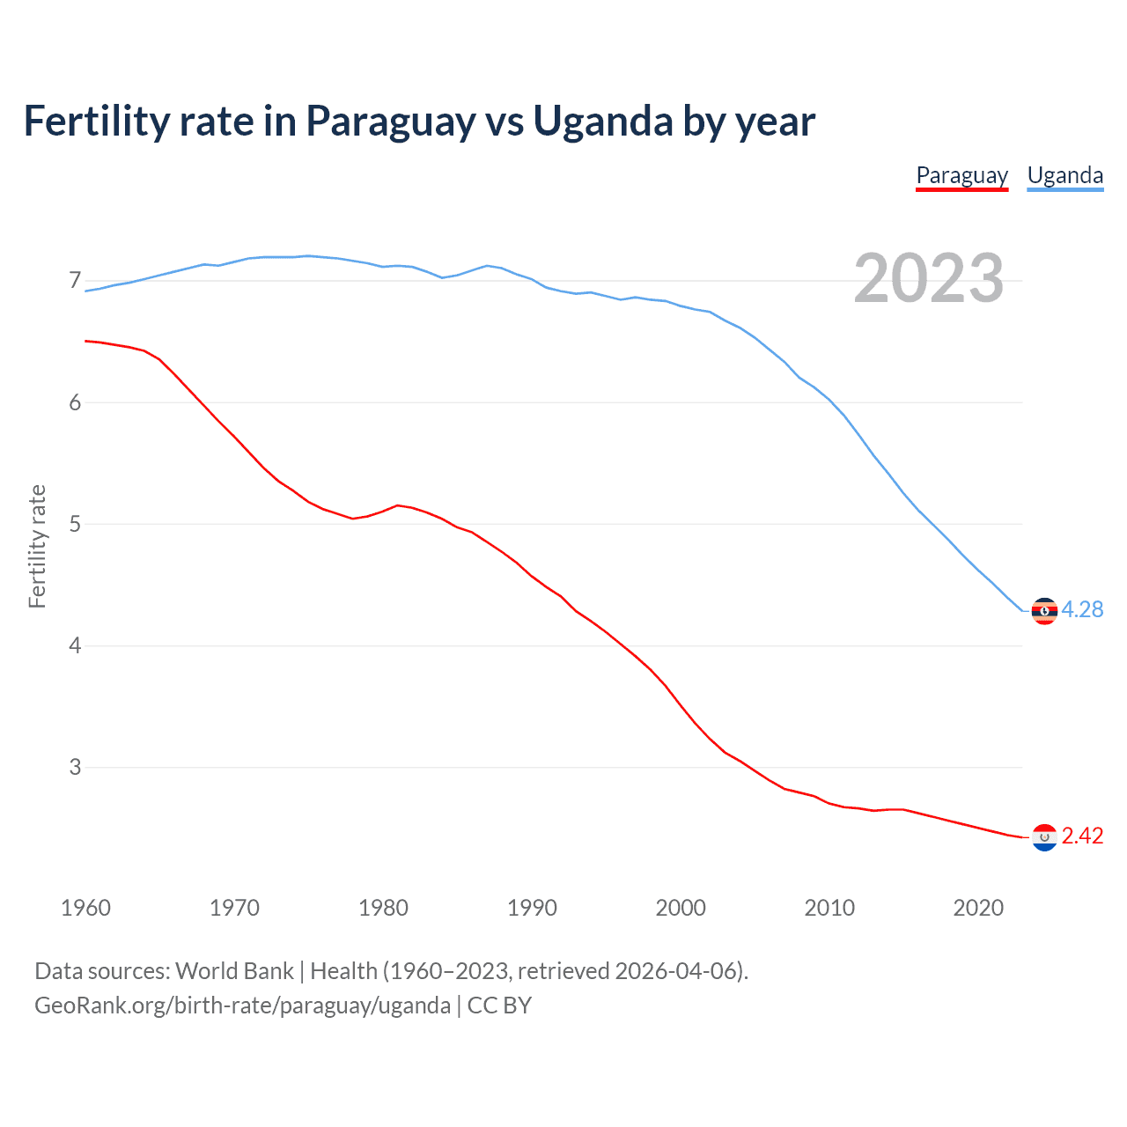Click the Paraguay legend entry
tap(961, 175)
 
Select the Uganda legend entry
tap(1065, 175)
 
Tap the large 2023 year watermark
tap(928, 278)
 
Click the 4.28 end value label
tap(1082, 609)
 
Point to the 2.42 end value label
tap(1082, 836)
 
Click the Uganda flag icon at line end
tap(1044, 610)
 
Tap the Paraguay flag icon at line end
tap(1044, 836)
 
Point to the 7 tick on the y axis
tap(75, 281)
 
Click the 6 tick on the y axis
tap(75, 402)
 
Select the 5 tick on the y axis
tap(75, 524)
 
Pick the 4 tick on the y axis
tap(75, 645)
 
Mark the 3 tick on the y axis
tap(75, 767)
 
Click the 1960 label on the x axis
tap(85, 908)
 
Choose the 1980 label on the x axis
tap(383, 908)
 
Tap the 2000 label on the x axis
tap(681, 908)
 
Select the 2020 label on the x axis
tap(978, 908)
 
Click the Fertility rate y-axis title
tap(37, 546)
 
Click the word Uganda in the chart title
tap(603, 121)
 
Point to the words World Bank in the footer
tap(234, 971)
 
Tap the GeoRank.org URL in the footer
tap(242, 1005)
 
